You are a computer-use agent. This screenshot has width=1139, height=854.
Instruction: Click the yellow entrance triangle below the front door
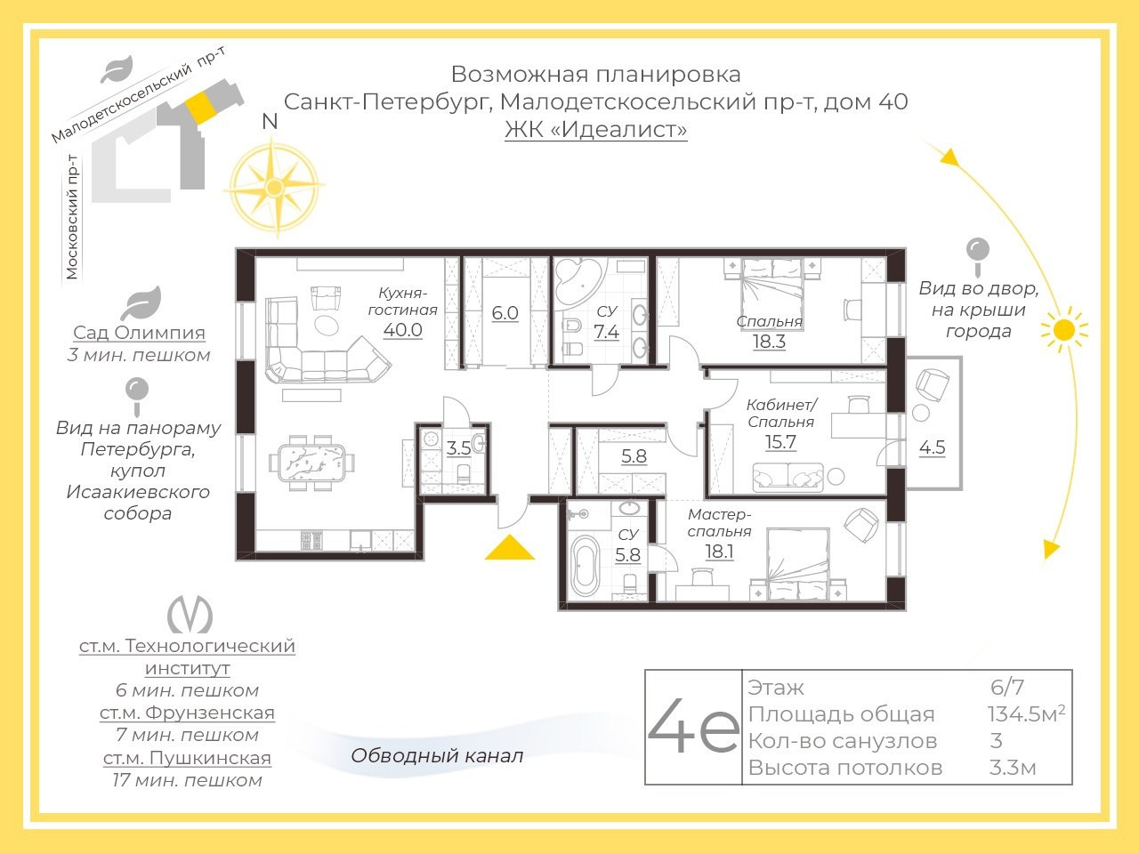[x=510, y=548]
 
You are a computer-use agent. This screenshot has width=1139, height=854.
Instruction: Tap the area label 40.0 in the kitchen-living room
[x=403, y=330]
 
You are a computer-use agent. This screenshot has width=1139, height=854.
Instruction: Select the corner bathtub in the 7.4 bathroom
[x=578, y=283]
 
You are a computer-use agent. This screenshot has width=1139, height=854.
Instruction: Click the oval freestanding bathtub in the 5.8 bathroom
[x=585, y=564]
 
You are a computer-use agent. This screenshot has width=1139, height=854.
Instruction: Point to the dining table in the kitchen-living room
[x=312, y=463]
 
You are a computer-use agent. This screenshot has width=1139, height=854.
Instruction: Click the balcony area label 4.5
[x=932, y=447]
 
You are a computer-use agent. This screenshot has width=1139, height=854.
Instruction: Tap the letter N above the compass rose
[x=270, y=121]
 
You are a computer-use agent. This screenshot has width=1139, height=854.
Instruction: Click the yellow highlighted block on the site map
[x=200, y=109]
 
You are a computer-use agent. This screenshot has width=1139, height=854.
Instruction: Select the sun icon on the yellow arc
[x=1064, y=330]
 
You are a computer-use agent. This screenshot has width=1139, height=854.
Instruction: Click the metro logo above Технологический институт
[x=190, y=614]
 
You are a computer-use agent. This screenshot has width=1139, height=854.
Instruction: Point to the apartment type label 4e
[x=692, y=726]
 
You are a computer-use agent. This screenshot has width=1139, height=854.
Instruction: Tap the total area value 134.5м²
[x=1026, y=714]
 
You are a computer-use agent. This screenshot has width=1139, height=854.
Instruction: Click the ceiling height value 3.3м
[x=1013, y=768]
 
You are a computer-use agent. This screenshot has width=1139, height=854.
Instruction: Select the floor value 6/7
[x=1007, y=688]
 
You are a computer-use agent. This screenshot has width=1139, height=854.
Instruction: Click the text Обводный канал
[x=437, y=755]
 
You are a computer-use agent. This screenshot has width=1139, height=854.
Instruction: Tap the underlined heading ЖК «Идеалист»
[x=595, y=130]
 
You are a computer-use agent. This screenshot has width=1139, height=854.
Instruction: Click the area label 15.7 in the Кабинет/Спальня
[x=780, y=442]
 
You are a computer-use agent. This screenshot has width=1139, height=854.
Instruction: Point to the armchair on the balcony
[x=933, y=385]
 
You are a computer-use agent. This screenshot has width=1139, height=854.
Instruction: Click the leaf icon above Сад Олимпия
[x=141, y=302]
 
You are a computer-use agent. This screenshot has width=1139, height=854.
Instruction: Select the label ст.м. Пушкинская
[x=187, y=758]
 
